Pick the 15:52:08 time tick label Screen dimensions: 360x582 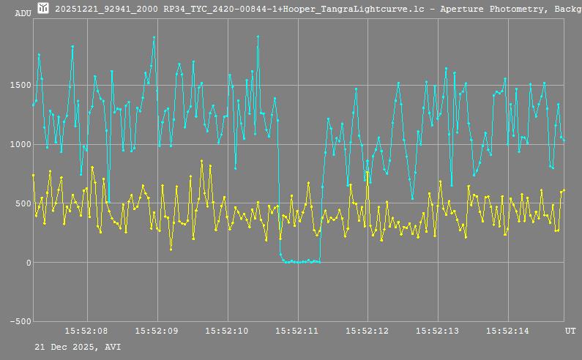pos(87,331)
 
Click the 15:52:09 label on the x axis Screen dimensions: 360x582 pos(157,331)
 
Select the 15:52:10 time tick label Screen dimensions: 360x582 pos(228,331)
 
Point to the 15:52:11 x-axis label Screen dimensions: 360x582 pos(297,331)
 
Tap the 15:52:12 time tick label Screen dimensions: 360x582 pos(368,331)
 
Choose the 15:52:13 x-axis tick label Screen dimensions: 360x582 pos(438,331)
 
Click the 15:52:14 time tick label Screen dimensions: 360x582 pos(508,331)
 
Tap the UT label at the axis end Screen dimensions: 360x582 pos(570,331)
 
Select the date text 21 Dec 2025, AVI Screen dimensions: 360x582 pos(78,346)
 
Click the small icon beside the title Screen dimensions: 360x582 pos(43,8)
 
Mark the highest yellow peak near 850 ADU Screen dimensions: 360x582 pos(201,161)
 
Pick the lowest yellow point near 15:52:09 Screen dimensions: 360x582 pos(171,250)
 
